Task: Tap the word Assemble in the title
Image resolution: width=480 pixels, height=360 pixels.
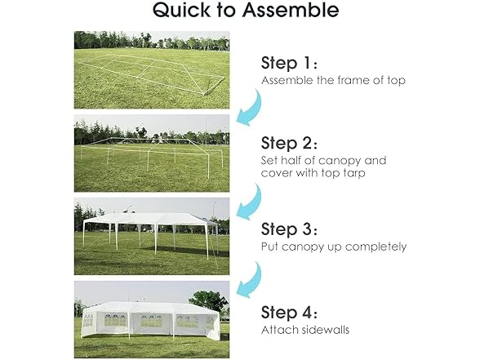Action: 291,9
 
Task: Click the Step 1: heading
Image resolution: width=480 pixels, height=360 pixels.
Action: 289,63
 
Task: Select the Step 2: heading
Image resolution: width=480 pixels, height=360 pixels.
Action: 289,143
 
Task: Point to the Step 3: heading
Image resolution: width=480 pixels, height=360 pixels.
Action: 289,229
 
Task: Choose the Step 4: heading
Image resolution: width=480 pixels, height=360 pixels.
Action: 289,313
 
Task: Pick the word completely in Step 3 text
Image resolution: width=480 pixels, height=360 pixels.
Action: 376,247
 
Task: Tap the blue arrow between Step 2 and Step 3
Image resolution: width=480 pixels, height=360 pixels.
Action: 251,203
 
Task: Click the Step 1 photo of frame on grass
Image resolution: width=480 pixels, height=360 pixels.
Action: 152,70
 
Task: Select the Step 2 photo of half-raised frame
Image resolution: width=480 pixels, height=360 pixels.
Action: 152,153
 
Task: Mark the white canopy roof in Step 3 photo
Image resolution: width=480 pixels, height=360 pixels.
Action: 150,219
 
